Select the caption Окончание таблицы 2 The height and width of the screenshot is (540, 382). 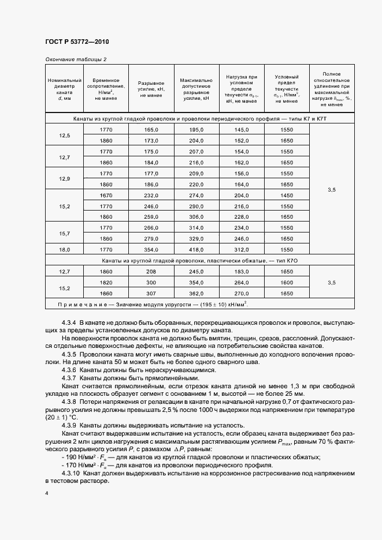point(76,59)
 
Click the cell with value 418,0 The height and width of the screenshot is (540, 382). point(197,250)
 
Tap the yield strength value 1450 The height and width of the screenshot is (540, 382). point(286,196)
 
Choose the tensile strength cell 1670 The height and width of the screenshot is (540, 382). point(106,196)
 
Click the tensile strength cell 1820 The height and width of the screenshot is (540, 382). point(106,283)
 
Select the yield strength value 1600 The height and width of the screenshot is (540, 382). point(286,283)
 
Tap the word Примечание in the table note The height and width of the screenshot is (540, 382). point(77,305)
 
